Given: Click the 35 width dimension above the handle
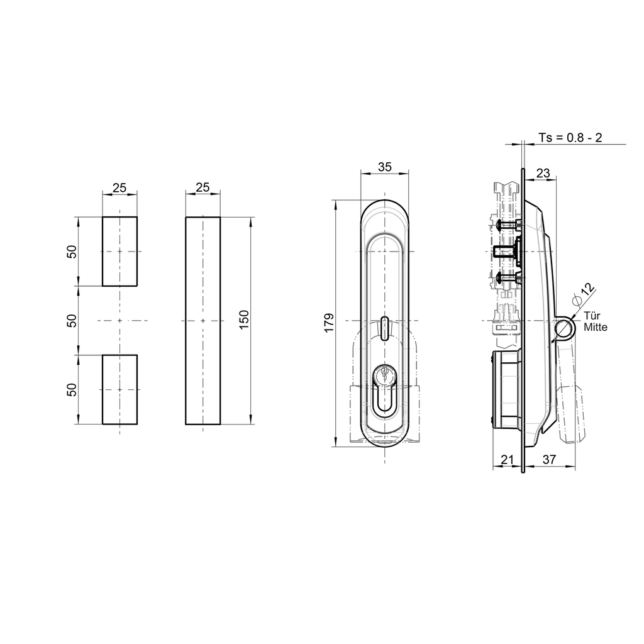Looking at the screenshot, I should coord(385,167).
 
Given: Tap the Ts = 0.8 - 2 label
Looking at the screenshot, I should coord(570,137).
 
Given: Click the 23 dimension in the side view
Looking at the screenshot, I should coord(543,173).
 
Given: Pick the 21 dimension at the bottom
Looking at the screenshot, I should coord(508,460).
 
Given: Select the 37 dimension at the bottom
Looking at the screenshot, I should coord(549,460).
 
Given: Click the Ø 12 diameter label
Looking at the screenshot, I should coord(585,291).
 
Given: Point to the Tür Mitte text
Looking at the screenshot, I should coord(595,322).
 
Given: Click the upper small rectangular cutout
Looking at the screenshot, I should coord(119,252).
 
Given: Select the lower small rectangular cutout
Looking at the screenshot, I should coord(119,389).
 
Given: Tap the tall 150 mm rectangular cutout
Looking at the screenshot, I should coord(203,321).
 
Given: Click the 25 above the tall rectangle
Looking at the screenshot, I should coord(203,187).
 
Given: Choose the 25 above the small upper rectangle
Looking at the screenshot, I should coord(119,187).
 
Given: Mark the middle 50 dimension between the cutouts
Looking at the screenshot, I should coord(72,321).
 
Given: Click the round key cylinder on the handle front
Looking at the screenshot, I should coord(384,376).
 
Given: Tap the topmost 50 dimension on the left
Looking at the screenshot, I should coord(72,252).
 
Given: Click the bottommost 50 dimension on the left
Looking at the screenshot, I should coord(72,389).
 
